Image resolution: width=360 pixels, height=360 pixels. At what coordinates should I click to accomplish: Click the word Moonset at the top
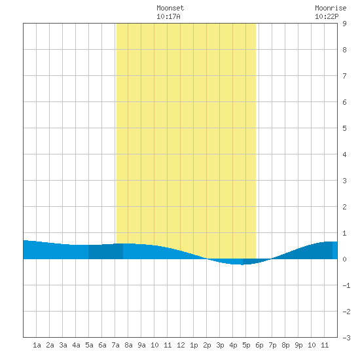pyautogui.click(x=170, y=8)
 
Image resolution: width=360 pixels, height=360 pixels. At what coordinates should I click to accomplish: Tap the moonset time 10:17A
pyautogui.click(x=168, y=16)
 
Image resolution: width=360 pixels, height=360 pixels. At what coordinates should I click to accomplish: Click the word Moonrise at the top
pyautogui.click(x=331, y=8)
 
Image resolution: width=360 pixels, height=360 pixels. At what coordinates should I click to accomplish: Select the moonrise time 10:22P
pyautogui.click(x=327, y=16)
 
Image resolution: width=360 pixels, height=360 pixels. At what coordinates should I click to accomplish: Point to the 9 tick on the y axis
pyautogui.click(x=344, y=24)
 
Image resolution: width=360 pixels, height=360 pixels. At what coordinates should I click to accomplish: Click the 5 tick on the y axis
pyautogui.click(x=344, y=128)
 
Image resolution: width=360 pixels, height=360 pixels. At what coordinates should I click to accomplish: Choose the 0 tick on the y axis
pyautogui.click(x=344, y=259)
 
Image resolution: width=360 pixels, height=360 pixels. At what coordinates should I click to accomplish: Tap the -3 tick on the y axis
pyautogui.click(x=346, y=338)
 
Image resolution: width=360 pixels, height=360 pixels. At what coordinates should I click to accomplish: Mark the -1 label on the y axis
pyautogui.click(x=346, y=285)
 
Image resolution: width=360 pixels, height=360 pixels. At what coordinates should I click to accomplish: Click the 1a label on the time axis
pyautogui.click(x=37, y=345)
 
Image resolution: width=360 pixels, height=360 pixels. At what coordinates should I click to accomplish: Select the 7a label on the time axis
pyautogui.click(x=115, y=345)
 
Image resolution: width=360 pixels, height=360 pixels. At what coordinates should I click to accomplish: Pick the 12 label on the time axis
pyautogui.click(x=181, y=345)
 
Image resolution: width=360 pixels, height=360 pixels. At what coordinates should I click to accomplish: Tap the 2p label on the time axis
pyautogui.click(x=207, y=345)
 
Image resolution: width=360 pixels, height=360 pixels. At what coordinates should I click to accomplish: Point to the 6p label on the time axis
pyautogui.click(x=259, y=345)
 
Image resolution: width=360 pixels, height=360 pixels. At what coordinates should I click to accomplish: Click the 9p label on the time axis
pyautogui.click(x=298, y=345)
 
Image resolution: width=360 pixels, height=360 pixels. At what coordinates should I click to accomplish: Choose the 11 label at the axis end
pyautogui.click(x=325, y=345)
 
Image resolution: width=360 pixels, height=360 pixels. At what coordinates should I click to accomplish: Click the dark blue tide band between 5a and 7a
pyautogui.click(x=105, y=251)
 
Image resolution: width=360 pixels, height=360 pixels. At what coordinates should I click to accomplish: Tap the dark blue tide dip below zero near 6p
pyautogui.click(x=254, y=261)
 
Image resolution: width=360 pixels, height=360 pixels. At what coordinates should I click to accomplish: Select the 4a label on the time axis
pyautogui.click(x=76, y=345)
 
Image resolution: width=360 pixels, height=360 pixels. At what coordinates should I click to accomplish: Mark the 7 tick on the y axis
pyautogui.click(x=344, y=76)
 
